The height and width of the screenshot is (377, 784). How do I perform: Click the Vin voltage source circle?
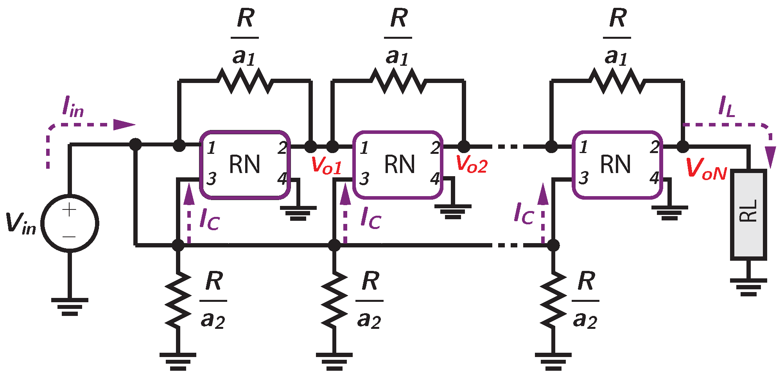click(x=70, y=224)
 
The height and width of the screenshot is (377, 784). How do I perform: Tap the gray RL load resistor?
click(x=748, y=214)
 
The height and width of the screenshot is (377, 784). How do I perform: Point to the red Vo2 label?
click(x=472, y=164)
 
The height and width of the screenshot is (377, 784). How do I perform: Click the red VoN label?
click(x=706, y=169)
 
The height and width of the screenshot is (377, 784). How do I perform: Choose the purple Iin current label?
click(x=73, y=106)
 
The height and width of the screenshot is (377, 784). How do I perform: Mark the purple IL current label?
click(x=727, y=106)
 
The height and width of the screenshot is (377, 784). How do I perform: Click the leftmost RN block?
click(x=245, y=164)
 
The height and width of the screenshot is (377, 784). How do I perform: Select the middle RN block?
click(x=398, y=164)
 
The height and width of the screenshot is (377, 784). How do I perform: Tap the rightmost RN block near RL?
click(x=617, y=164)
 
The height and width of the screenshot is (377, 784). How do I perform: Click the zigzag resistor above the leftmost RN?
click(x=245, y=81)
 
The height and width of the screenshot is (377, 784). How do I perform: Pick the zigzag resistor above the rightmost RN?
click(x=617, y=81)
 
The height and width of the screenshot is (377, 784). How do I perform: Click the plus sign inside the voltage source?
click(x=69, y=210)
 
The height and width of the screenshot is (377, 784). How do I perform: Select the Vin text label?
click(x=20, y=224)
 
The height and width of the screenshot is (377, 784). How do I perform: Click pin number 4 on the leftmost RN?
click(x=282, y=179)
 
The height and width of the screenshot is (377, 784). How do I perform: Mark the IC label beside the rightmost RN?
click(x=524, y=214)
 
